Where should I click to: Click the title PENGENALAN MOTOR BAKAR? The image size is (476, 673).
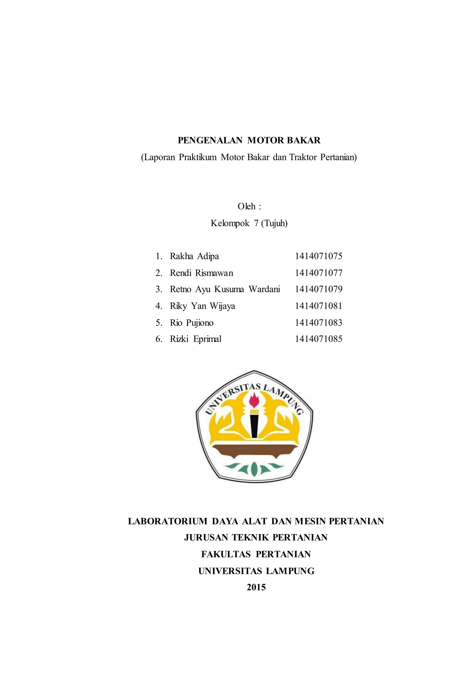pyautogui.click(x=249, y=140)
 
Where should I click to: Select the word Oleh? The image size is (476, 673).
pyautogui.click(x=246, y=206)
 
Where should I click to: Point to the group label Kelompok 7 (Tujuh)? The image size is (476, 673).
pyautogui.click(x=249, y=223)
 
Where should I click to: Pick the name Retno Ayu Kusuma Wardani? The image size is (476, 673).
pyautogui.click(x=225, y=289)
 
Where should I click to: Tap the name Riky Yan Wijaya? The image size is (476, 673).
pyautogui.click(x=202, y=306)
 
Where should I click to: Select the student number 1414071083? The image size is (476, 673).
pyautogui.click(x=318, y=323)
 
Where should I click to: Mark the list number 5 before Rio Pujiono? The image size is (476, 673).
pyautogui.click(x=158, y=323)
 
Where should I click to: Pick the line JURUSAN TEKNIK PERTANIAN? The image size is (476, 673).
pyautogui.click(x=256, y=538)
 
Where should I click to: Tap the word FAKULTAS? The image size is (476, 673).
pyautogui.click(x=226, y=554)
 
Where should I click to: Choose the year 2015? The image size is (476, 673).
pyautogui.click(x=256, y=587)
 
